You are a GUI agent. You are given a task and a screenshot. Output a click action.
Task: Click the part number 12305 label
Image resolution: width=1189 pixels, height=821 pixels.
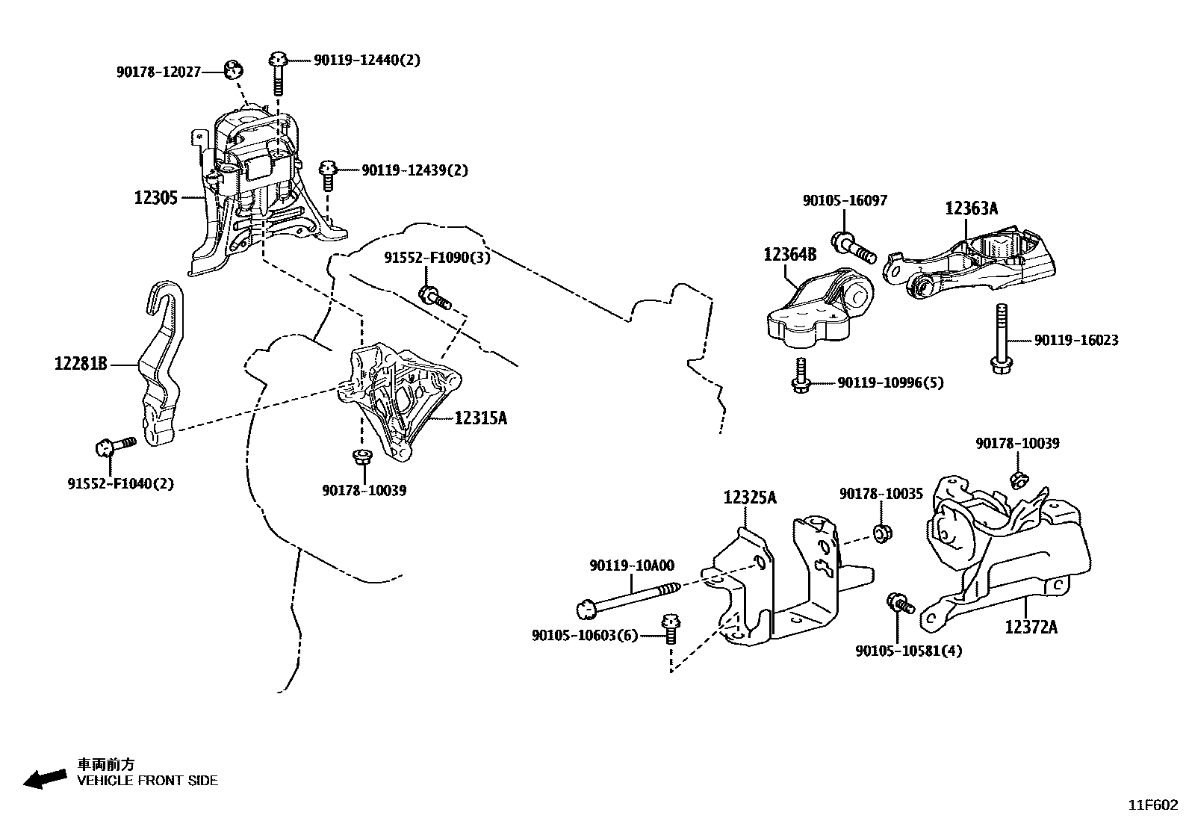(x=156, y=198)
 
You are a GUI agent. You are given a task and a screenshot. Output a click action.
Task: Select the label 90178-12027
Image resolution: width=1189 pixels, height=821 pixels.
(x=158, y=72)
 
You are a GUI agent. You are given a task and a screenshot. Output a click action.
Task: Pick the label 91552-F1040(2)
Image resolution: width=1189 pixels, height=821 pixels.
(x=121, y=483)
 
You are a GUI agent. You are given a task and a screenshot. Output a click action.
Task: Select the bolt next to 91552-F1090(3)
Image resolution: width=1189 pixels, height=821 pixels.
(x=434, y=297)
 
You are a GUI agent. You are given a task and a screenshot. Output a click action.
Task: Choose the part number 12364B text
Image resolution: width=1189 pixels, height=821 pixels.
(x=789, y=255)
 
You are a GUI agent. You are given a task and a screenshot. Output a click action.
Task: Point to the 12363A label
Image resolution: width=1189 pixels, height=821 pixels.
(x=971, y=208)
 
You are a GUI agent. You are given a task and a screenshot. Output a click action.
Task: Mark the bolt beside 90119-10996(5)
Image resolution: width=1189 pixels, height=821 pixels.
(x=801, y=376)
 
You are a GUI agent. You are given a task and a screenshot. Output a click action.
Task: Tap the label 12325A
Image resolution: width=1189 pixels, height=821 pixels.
(x=749, y=497)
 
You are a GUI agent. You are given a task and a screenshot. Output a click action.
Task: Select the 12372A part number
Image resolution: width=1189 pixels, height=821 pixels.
(x=1031, y=627)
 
